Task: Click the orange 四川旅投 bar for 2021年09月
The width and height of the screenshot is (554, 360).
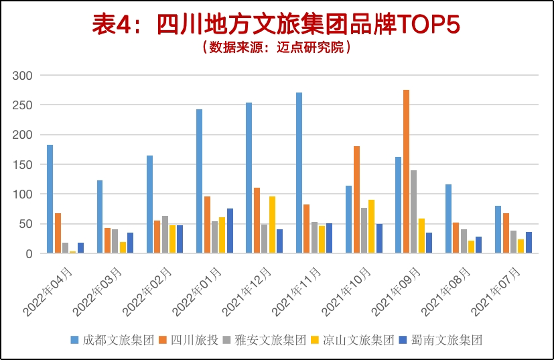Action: click(x=406, y=172)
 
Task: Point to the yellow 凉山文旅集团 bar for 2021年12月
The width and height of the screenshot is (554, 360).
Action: click(x=272, y=225)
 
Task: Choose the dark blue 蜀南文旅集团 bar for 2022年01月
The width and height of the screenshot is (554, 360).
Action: click(x=230, y=231)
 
